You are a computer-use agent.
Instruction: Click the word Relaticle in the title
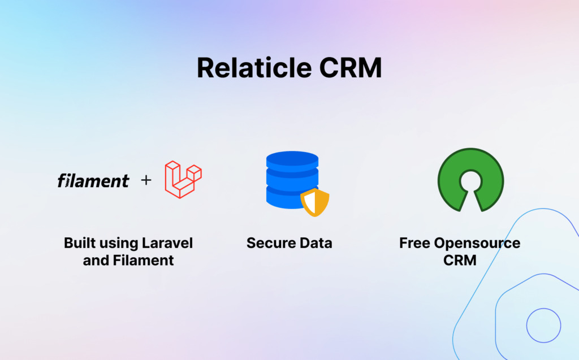[x=254, y=68]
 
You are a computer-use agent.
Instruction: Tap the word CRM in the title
[x=351, y=68]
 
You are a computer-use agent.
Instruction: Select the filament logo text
[x=93, y=180]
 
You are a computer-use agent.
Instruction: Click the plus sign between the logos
[x=146, y=180]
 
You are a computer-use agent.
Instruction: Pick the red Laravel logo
[x=183, y=180]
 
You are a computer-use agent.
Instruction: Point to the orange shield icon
[x=314, y=202]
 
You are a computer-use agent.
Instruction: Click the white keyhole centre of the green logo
[x=471, y=181]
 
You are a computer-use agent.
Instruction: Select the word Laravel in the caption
[x=167, y=243]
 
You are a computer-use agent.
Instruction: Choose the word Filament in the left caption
[x=143, y=261]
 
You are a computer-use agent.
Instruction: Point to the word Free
[x=414, y=243]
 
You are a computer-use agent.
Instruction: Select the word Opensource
[x=477, y=244]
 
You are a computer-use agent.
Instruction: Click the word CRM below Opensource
[x=460, y=261]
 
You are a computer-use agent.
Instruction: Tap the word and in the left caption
[x=96, y=261]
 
